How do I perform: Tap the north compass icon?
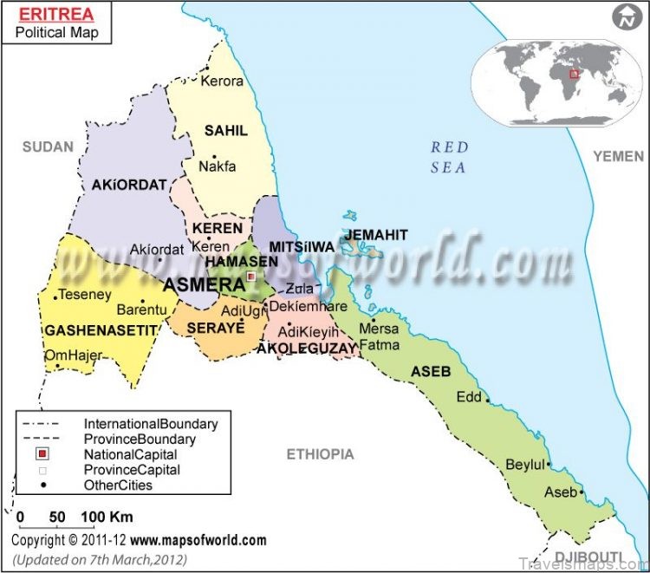622,16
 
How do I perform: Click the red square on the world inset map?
573,75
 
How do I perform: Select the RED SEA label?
449,157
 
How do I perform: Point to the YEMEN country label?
618,155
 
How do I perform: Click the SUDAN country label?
48,147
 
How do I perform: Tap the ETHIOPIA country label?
321,453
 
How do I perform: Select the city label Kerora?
222,81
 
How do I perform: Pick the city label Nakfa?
217,166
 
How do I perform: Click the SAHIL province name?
225,130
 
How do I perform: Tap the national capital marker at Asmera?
251,277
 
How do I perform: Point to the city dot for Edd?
488,400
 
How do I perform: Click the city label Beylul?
525,464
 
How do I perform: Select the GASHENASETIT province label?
101,330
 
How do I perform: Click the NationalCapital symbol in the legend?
40,454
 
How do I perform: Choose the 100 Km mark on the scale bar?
94,518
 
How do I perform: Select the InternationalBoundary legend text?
151,424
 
